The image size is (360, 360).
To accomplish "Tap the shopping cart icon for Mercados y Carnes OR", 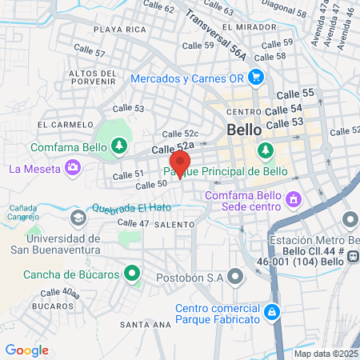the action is click(256, 78).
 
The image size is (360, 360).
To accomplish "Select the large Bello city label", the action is click(244, 130).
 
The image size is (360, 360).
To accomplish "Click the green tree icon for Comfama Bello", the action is click(119, 146).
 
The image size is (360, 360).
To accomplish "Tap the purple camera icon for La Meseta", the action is click(74, 167).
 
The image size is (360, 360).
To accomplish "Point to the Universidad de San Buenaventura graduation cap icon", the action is click(78, 217).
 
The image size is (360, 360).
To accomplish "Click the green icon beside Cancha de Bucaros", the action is click(133, 274).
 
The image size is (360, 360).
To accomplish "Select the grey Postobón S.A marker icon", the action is click(235, 277).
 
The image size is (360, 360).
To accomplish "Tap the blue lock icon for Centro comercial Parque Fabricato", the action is click(272, 311).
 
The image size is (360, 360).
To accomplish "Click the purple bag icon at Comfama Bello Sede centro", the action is click(294, 197).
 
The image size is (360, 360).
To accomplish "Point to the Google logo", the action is click(26, 350).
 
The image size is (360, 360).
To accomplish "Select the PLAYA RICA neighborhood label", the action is click(119, 30).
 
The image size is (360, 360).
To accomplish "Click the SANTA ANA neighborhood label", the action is click(145, 324).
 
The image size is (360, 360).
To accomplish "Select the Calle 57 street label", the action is click(88, 53).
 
